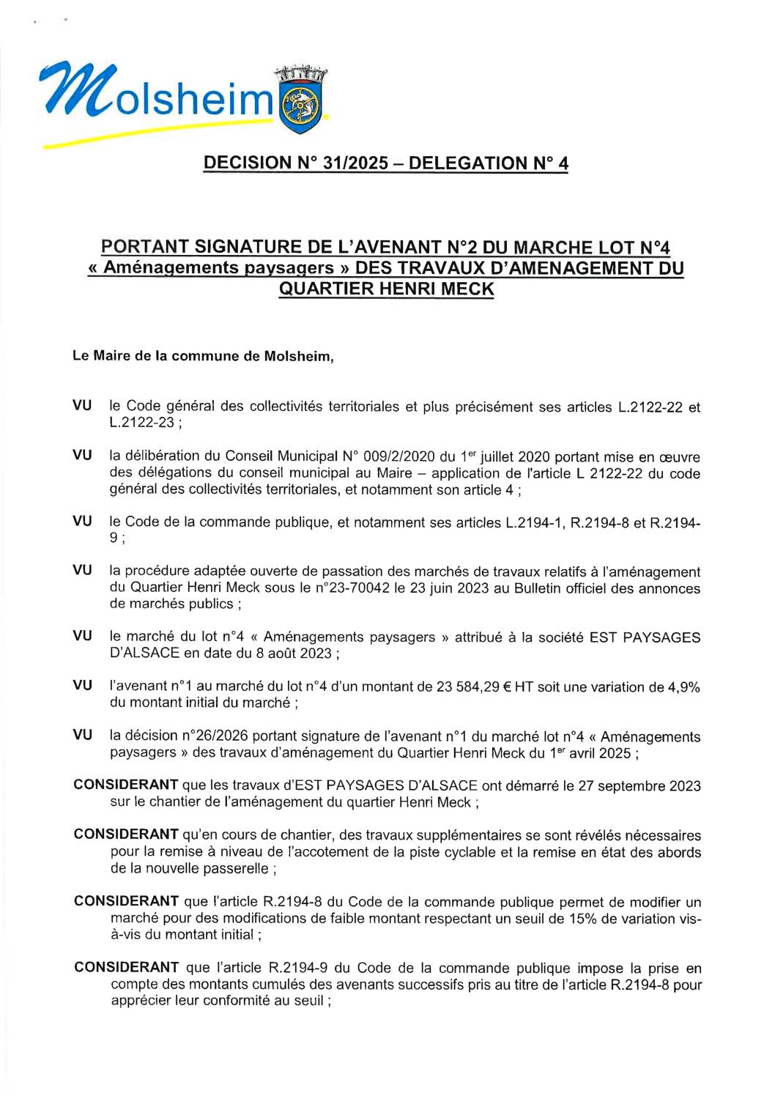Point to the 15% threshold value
tap(581, 919)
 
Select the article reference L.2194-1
tap(535, 522)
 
